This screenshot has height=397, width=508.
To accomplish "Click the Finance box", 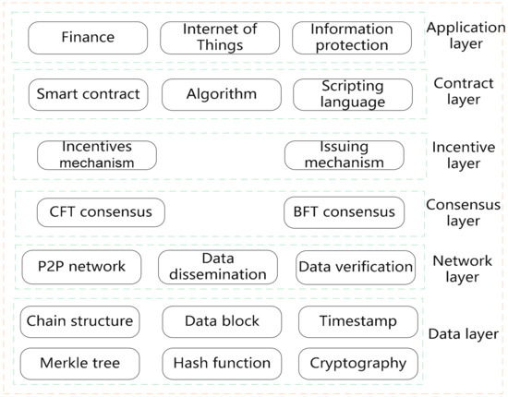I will (88, 38).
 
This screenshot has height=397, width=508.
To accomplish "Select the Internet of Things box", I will (218, 38).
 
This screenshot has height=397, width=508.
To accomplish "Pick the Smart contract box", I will (88, 94).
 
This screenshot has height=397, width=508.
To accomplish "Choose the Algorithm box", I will (220, 94).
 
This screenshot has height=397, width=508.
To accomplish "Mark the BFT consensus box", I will (345, 212).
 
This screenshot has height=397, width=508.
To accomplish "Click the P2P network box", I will (81, 267).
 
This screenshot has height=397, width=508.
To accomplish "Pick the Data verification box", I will (356, 267).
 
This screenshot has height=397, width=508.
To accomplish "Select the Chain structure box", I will (79, 321).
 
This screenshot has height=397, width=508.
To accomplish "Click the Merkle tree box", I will (79, 363).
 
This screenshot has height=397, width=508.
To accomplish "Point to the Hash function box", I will (222, 363).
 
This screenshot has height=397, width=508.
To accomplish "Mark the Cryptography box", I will (358, 363).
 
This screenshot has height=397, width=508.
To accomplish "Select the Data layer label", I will (465, 334).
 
